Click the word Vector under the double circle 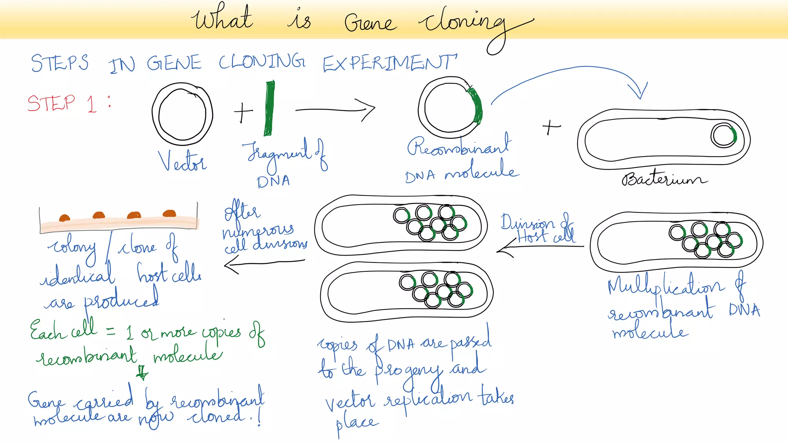[182, 161]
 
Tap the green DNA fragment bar [269, 108]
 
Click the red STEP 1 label [62, 103]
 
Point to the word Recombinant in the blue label [459, 146]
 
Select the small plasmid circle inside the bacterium [723, 136]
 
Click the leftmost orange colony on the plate [64, 218]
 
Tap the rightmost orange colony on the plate [169, 214]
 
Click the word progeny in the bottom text [408, 372]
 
